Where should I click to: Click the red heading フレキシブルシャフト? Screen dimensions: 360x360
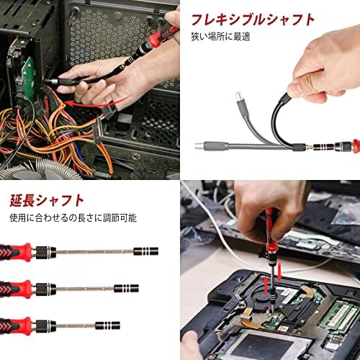253,19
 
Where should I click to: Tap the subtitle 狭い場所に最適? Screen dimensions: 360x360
220,37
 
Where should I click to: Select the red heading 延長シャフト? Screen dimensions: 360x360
47,201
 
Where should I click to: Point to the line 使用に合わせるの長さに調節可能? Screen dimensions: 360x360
73,217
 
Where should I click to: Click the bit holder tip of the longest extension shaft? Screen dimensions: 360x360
146,251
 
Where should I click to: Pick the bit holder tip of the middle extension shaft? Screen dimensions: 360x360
126,288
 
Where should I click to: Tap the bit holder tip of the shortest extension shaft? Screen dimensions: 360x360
107,325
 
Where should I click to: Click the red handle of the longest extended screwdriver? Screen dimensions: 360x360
16,253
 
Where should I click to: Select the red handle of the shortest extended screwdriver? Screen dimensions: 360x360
16,326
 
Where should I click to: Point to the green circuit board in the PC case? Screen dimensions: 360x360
29,77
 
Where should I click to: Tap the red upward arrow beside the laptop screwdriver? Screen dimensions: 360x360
266,286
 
